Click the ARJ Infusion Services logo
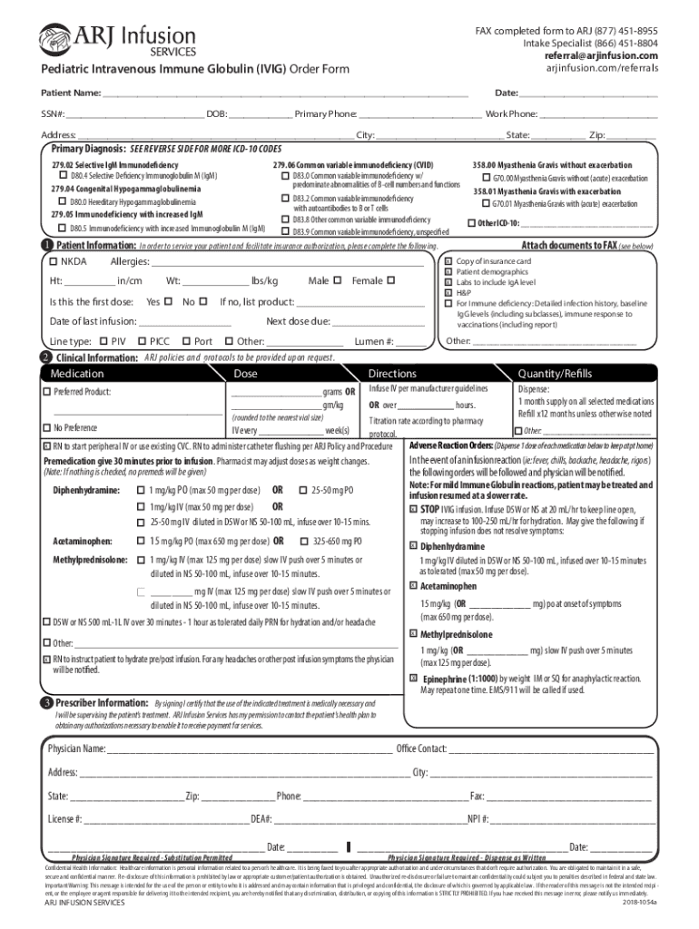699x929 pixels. (x=116, y=42)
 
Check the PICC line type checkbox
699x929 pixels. (x=142, y=341)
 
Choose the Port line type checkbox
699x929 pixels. (x=185, y=341)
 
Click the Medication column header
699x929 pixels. (x=77, y=374)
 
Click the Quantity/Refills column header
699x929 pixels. (x=555, y=374)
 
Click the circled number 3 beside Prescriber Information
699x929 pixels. (x=45, y=704)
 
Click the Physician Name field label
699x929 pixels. (x=76, y=748)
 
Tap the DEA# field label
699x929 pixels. (x=261, y=819)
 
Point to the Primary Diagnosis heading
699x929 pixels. (x=89, y=149)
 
